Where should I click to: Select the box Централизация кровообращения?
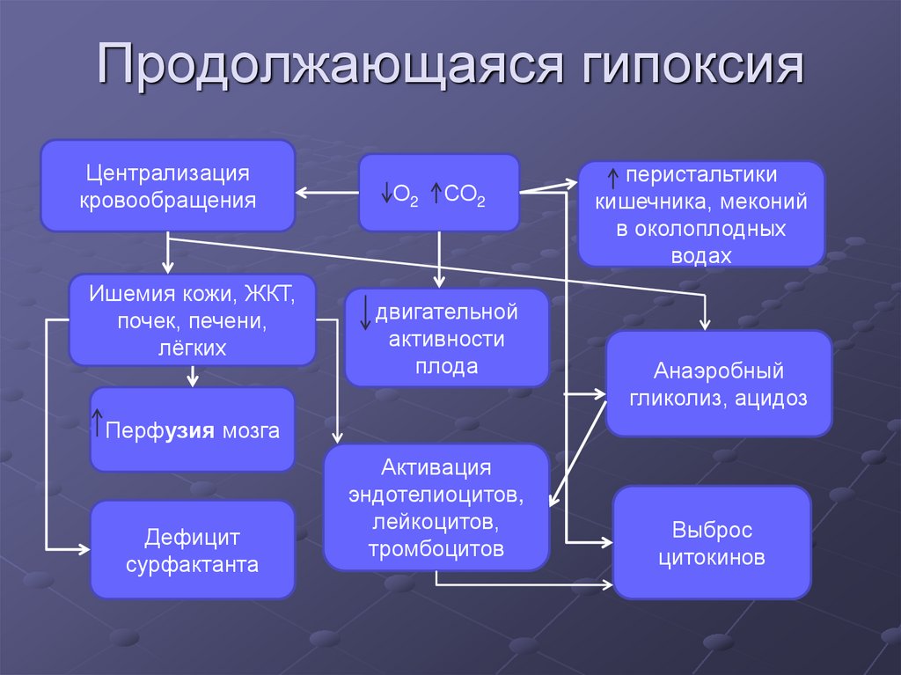(x=167, y=186)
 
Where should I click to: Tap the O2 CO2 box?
(x=439, y=192)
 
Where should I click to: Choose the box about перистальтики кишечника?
(x=700, y=213)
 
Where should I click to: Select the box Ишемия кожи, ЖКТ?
(x=193, y=319)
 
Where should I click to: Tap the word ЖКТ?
(x=270, y=293)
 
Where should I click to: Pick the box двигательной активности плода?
(x=446, y=339)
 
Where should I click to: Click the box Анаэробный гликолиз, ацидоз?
(x=718, y=384)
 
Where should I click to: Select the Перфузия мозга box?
(x=193, y=429)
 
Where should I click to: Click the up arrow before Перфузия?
(x=98, y=422)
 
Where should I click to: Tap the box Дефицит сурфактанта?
(x=193, y=550)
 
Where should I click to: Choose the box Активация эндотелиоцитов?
(x=436, y=507)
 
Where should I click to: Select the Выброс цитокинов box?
(x=711, y=543)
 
